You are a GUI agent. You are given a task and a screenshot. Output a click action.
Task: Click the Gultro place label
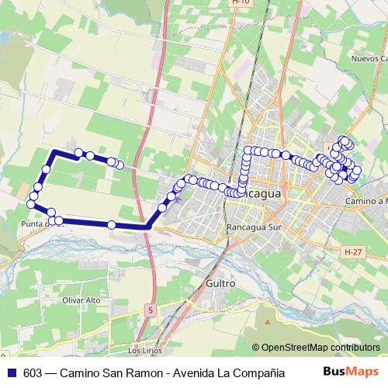(220, 284)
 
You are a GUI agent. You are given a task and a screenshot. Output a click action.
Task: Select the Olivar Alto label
(82, 300)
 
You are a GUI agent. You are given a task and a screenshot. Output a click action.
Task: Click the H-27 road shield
(354, 252)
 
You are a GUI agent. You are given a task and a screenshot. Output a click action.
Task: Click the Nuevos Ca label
(368, 59)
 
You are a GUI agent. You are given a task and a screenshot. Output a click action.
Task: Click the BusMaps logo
(350, 372)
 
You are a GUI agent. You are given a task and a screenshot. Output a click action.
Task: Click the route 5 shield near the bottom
(150, 310)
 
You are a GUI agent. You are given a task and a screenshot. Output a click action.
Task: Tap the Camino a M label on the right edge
(365, 201)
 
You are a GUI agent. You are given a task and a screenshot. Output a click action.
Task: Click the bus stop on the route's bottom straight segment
(112, 225)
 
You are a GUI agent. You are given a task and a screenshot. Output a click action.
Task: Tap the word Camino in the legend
(79, 372)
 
